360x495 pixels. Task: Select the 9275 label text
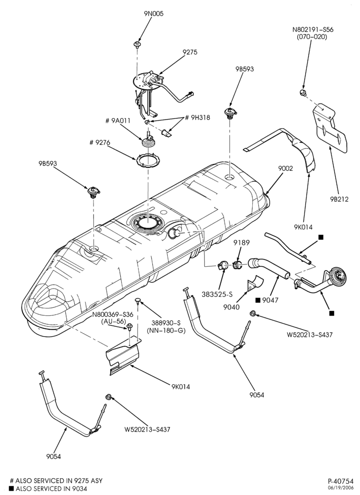click(189, 52)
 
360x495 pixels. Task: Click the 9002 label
click(286, 168)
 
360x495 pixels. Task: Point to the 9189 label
click(241, 243)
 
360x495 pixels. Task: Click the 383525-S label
click(217, 294)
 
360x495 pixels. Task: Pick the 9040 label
click(231, 307)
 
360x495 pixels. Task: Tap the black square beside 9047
click(258, 300)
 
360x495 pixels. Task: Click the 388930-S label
click(166, 324)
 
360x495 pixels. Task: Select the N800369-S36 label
click(113, 314)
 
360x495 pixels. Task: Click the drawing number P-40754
click(340, 482)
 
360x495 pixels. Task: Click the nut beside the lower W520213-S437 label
click(108, 397)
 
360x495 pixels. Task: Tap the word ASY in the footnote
click(96, 481)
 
